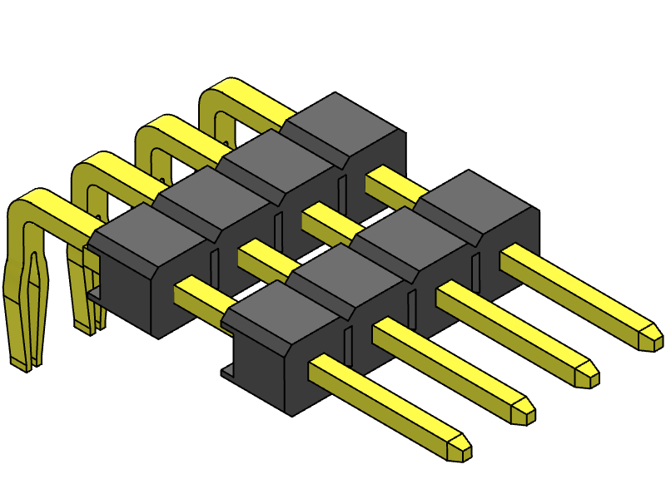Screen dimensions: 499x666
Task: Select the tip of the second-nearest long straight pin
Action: (x=524, y=411)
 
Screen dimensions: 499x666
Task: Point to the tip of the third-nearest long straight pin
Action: (x=588, y=374)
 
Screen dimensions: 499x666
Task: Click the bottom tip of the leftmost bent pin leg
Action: (x=23, y=363)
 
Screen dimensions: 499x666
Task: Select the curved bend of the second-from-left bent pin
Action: (x=90, y=170)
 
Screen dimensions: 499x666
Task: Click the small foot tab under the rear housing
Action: (x=94, y=293)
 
